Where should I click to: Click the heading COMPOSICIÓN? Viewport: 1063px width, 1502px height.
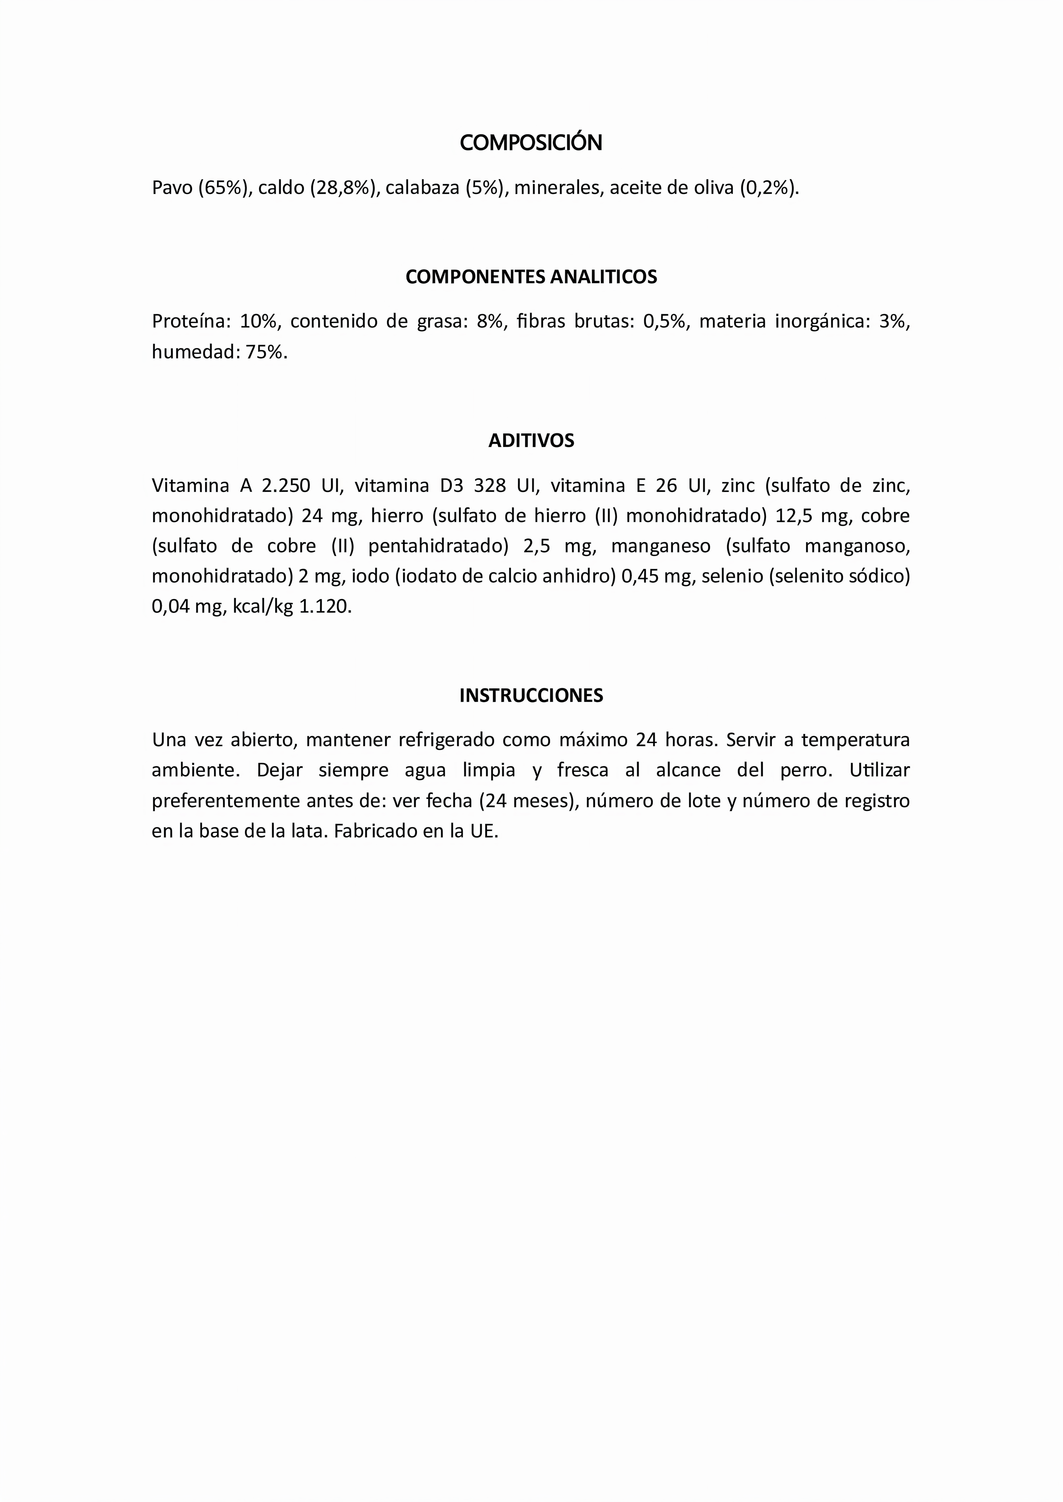[x=531, y=143]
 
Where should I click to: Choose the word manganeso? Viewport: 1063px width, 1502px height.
[x=661, y=546]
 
